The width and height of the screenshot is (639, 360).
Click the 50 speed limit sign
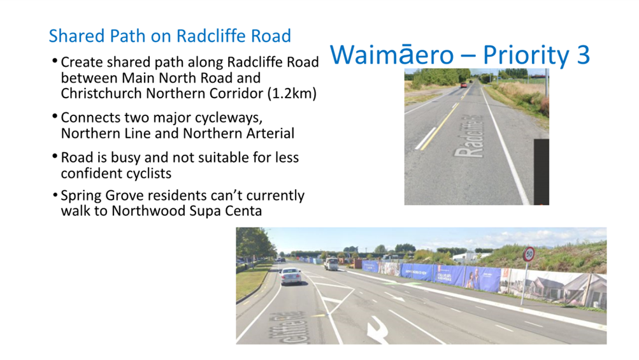[x=528, y=256]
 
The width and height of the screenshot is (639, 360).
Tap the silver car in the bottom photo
[x=291, y=275]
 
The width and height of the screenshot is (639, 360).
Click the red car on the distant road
[x=463, y=84]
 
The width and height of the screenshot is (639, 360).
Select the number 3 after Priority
[x=582, y=55]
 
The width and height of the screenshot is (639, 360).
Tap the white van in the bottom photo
[x=331, y=263]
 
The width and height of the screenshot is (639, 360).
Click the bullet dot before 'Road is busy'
[x=55, y=157]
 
